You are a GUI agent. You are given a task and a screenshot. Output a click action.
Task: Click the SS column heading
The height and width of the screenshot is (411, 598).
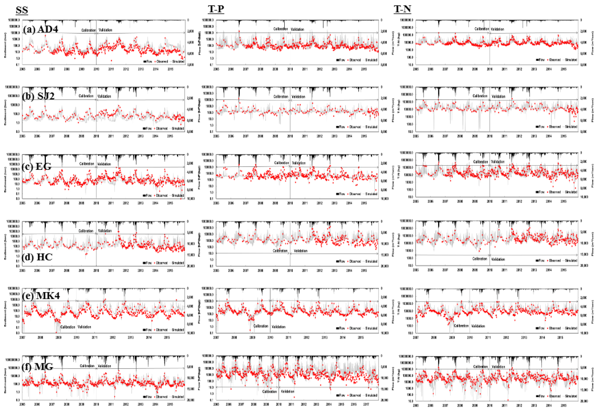[22, 10]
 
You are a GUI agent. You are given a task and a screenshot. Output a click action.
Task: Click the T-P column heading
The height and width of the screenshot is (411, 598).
[216, 9]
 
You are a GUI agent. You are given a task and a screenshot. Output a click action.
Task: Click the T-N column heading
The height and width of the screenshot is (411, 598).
[402, 9]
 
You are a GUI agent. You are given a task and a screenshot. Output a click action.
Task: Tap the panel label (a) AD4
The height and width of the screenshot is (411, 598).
[40, 29]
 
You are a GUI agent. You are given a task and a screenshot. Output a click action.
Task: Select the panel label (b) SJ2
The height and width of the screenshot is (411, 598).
[38, 96]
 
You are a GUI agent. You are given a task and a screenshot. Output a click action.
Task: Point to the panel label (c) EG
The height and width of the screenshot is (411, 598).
[36, 166]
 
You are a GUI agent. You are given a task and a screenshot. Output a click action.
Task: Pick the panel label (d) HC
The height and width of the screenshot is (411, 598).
[37, 257]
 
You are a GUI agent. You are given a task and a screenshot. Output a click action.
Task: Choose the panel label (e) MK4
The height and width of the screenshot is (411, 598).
[41, 295]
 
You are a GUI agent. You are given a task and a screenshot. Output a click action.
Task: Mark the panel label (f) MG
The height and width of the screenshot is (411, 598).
[38, 367]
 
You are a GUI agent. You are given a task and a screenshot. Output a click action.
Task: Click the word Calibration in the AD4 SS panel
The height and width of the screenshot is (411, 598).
[88, 30]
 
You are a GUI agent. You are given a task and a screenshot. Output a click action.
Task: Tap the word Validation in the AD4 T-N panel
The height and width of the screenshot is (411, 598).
[497, 29]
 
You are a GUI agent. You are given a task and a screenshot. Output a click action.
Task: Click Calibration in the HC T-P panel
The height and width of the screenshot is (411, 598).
[280, 251]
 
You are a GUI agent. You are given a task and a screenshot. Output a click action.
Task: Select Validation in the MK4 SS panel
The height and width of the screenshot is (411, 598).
[84, 327]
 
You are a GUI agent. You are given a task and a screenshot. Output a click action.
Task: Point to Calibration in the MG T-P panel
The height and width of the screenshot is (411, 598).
[269, 391]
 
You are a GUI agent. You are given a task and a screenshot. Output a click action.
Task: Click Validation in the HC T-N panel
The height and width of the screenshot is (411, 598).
[498, 259]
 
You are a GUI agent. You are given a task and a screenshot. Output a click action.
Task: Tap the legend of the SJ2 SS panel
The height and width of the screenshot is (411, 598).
[163, 128]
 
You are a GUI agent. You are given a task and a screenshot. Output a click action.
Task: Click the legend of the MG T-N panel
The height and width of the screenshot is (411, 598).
[556, 396]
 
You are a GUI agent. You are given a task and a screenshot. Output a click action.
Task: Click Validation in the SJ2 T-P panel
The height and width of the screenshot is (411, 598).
[298, 97]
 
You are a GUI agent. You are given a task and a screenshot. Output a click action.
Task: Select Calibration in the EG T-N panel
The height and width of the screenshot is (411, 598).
[480, 162]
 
